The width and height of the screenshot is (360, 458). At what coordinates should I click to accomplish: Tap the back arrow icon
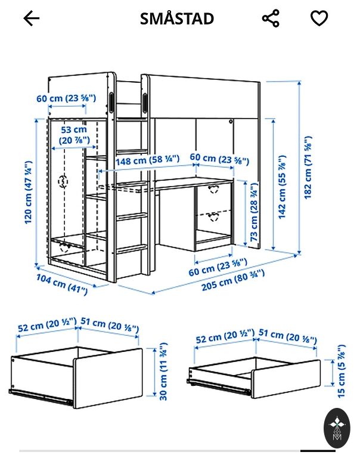coord(31,18)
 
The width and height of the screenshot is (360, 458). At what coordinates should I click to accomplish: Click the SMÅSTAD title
coord(177,18)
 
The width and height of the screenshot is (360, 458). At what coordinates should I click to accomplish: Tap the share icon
coord(271,18)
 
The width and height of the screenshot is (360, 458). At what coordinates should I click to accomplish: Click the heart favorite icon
coord(319,18)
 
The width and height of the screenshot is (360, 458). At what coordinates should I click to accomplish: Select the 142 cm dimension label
coord(282,187)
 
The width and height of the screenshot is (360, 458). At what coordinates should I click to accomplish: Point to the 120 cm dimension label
coord(28,193)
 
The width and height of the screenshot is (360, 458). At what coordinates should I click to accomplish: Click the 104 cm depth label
coord(62,284)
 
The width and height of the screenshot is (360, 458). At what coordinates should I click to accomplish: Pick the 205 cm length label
coord(233,280)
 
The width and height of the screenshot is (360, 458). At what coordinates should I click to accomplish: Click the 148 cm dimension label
coord(147,159)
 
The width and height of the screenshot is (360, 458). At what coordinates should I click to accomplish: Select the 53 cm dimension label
coord(74,135)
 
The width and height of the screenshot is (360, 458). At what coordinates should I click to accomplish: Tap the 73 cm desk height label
coord(255,212)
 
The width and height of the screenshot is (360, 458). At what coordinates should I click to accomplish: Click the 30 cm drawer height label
coord(163,372)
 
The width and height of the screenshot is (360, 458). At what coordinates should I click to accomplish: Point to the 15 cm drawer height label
coord(341,371)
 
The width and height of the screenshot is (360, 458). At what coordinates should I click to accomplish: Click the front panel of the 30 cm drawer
coord(108,378)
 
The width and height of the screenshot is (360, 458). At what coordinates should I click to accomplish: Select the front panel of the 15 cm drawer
coord(286,379)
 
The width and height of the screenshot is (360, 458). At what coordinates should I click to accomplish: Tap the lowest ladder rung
coord(132,249)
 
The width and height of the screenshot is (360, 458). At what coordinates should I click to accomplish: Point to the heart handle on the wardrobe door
coord(63,181)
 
